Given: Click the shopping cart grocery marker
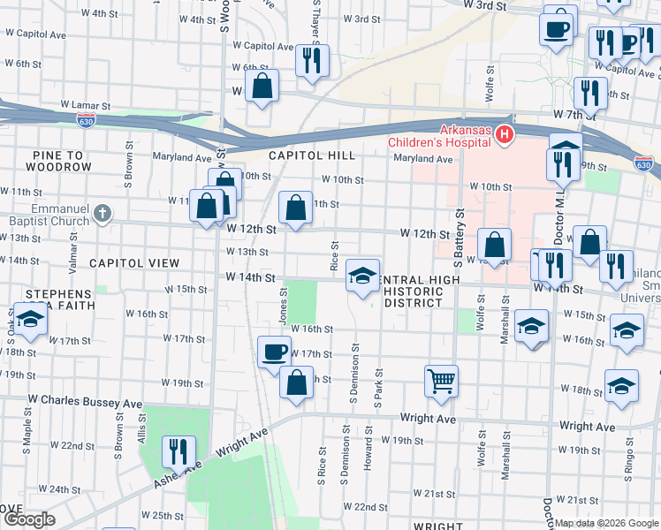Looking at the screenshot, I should point(441,381).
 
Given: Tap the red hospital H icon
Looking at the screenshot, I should point(504,134).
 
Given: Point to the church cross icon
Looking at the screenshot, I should point(103,212).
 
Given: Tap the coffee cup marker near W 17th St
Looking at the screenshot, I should point(273,352).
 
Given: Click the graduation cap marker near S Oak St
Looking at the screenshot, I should point(29,319).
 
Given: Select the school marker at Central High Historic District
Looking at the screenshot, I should point(362,276).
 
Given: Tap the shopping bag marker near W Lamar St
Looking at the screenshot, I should point(262,86).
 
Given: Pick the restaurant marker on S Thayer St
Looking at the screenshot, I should point(311,60).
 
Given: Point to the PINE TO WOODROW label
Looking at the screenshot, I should point(62,160).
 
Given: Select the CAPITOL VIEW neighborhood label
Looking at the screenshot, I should point(133,263).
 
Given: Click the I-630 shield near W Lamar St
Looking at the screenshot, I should point(86,117).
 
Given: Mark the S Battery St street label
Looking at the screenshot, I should point(459,239).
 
